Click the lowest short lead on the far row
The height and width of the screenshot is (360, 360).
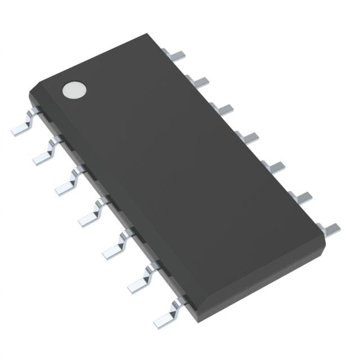(330, 227)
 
